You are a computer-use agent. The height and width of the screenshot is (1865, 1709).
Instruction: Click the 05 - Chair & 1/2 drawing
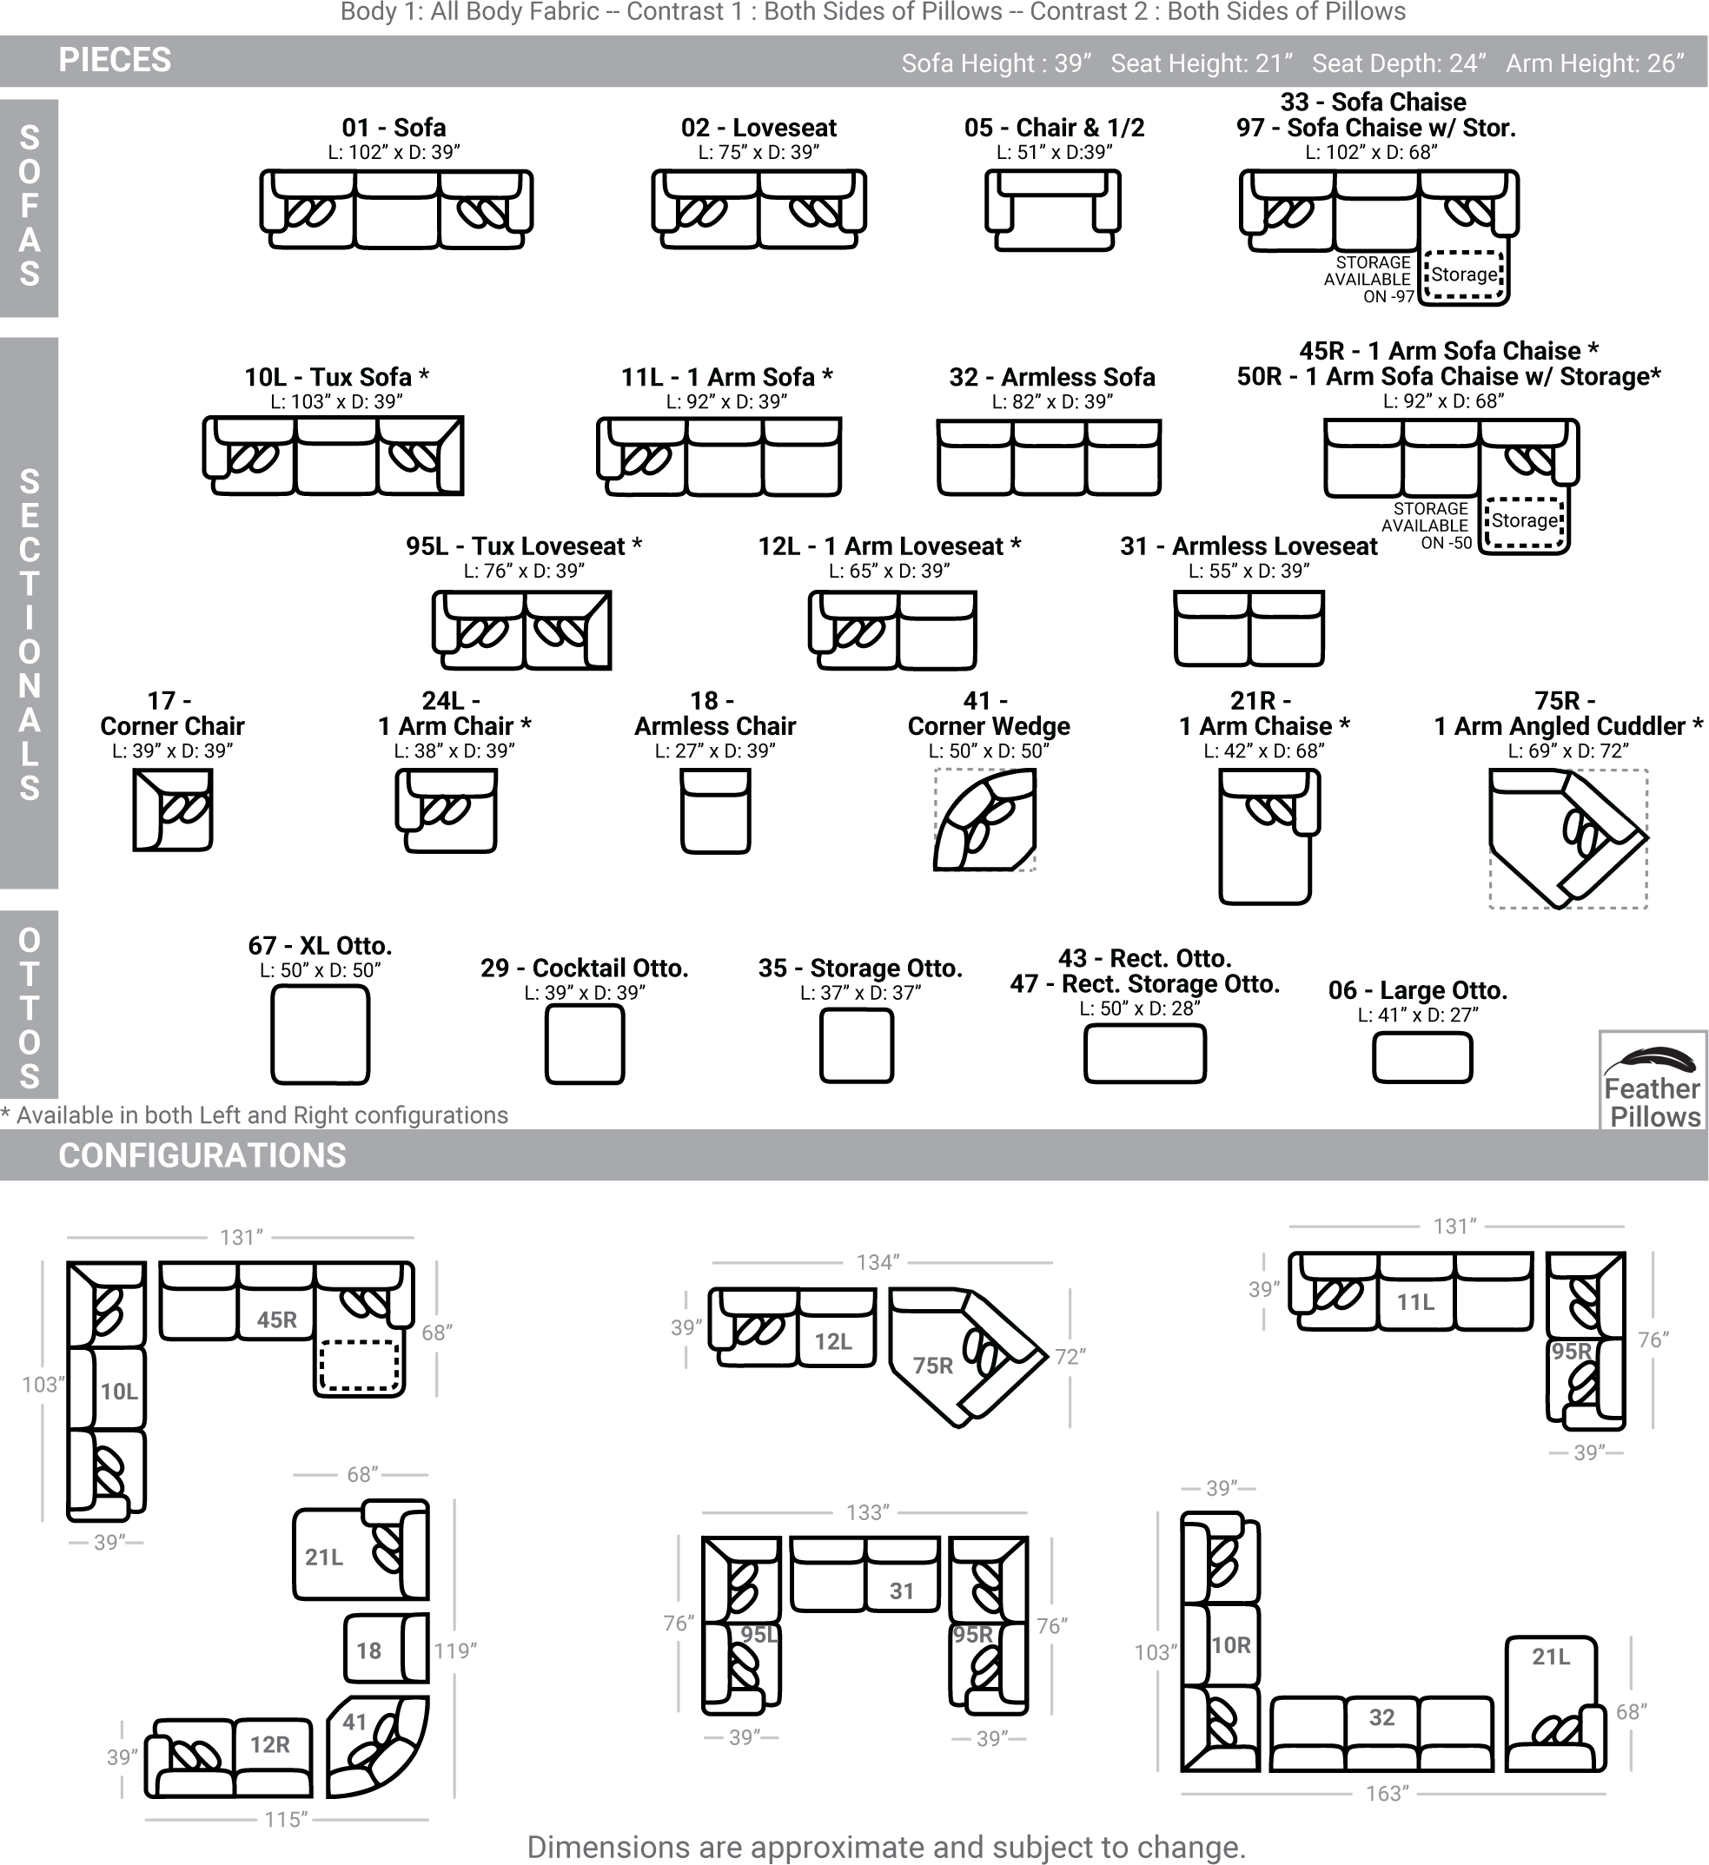(1053, 210)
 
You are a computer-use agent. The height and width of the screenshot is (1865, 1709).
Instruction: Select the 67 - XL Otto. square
(320, 1035)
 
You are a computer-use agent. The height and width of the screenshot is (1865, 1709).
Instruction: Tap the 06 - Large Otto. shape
(1422, 1057)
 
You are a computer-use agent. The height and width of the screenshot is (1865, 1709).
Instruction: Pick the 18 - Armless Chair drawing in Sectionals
(715, 810)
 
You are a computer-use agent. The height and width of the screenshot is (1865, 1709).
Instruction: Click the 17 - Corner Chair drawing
(173, 810)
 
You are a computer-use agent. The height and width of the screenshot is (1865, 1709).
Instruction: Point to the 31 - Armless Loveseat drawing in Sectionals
(1249, 629)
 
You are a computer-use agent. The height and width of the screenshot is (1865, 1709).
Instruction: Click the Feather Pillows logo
(1653, 1081)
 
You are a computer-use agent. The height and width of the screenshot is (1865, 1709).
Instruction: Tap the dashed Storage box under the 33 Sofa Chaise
(1464, 274)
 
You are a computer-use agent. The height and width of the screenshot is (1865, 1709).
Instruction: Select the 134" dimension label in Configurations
(878, 1262)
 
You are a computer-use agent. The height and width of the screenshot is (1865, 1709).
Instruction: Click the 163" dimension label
(1387, 1793)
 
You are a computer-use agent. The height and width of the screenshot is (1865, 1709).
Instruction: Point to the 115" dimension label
(285, 1819)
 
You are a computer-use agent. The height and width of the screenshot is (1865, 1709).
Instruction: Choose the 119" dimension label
(455, 1650)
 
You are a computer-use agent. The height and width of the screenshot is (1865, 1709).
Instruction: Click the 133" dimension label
(868, 1511)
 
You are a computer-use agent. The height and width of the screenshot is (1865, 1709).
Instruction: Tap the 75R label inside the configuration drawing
(932, 1366)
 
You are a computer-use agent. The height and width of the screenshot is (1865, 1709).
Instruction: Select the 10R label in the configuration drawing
(1230, 1645)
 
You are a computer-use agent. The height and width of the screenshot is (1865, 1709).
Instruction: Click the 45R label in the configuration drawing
(276, 1320)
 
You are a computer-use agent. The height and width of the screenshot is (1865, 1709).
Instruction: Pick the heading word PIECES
(115, 60)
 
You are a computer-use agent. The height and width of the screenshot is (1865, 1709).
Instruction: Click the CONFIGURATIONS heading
(202, 1155)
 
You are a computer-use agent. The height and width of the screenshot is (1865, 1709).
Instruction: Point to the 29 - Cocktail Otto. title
(585, 968)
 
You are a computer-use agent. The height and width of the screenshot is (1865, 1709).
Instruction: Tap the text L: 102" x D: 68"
(1371, 152)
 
